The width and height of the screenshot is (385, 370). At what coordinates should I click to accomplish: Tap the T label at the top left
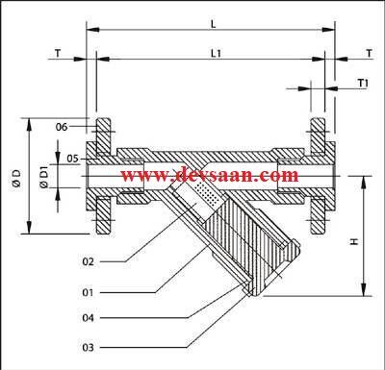[57, 55]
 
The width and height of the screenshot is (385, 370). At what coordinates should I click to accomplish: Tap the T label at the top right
[369, 55]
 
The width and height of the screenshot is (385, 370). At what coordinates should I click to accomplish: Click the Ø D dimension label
[16, 177]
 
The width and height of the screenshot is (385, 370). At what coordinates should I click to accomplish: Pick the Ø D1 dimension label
[42, 176]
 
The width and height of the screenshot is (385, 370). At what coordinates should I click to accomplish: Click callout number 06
[61, 127]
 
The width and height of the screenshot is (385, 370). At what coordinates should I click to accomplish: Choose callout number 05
[61, 157]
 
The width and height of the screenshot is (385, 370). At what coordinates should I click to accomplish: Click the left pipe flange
[103, 176]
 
